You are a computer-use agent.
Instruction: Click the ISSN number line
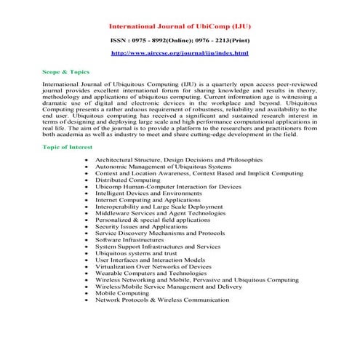(180, 40)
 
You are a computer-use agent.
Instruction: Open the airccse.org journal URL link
(180, 54)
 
